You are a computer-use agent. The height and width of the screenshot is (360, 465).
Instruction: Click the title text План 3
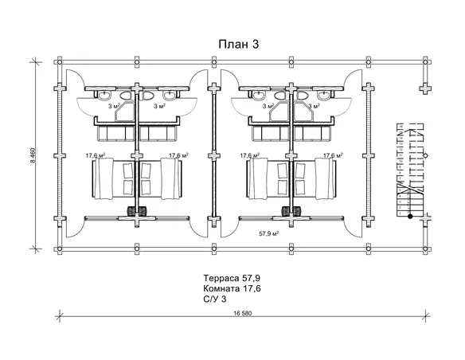(239, 44)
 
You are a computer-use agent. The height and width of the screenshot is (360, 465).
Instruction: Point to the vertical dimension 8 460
(33, 155)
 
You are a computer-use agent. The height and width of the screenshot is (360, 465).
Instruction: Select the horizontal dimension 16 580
(242, 313)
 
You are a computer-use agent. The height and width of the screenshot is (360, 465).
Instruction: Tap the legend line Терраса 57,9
(232, 278)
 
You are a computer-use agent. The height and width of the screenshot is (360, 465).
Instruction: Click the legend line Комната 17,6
(232, 288)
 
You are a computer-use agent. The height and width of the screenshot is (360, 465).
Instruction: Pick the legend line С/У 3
(215, 299)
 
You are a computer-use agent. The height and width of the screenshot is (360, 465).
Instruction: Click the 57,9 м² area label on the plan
(269, 233)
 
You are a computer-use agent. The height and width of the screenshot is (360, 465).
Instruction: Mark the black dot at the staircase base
(410, 217)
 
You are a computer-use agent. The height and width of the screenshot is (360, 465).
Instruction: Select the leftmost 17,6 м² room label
(96, 155)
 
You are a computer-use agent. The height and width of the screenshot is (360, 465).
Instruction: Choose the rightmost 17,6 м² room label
(334, 155)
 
